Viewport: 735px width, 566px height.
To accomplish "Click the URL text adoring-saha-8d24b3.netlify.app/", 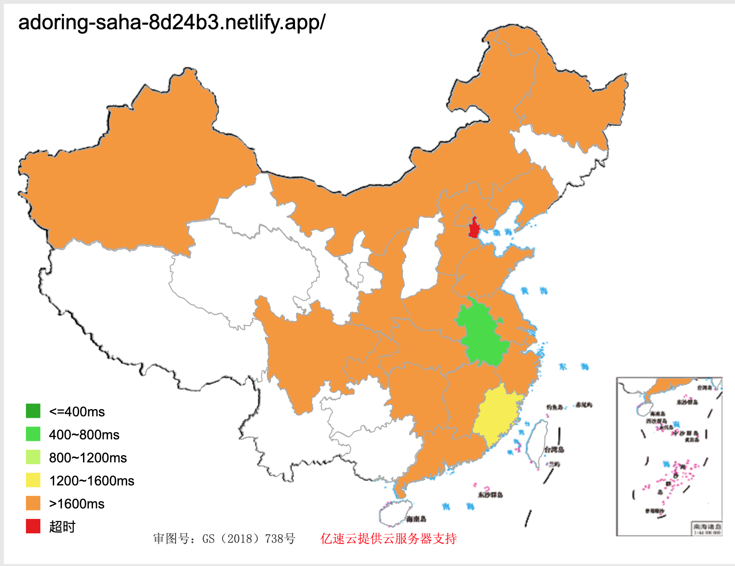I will pyautogui.click(x=172, y=23).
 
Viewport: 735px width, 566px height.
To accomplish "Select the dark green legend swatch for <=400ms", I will pyautogui.click(x=33, y=411).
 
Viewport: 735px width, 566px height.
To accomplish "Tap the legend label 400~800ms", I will pyautogui.click(x=84, y=435).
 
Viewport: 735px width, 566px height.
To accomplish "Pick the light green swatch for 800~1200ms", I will pyautogui.click(x=33, y=457).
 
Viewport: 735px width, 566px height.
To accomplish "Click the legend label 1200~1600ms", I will pyautogui.click(x=92, y=481).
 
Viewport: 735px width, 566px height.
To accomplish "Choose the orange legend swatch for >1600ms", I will pyautogui.click(x=33, y=503).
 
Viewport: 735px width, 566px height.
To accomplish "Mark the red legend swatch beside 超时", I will pyautogui.click(x=33, y=526).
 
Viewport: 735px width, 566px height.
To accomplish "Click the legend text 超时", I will pyautogui.click(x=62, y=527).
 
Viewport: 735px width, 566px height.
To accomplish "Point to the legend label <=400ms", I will pyautogui.click(x=77, y=412).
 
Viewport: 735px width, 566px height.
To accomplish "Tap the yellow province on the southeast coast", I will pyautogui.click(x=497, y=415).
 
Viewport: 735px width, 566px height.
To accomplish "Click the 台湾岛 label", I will pyautogui.click(x=554, y=449).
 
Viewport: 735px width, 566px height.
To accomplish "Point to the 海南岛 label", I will pyautogui.click(x=416, y=519).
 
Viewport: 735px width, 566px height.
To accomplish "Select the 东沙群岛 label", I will pyautogui.click(x=490, y=495).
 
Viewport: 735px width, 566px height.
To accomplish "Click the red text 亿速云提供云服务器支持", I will pyautogui.click(x=388, y=539).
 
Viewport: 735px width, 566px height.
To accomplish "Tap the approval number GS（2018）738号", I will pyautogui.click(x=249, y=539).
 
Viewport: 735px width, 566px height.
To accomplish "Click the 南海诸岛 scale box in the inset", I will pyautogui.click(x=707, y=529).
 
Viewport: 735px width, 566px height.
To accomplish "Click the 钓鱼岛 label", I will pyautogui.click(x=554, y=407).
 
